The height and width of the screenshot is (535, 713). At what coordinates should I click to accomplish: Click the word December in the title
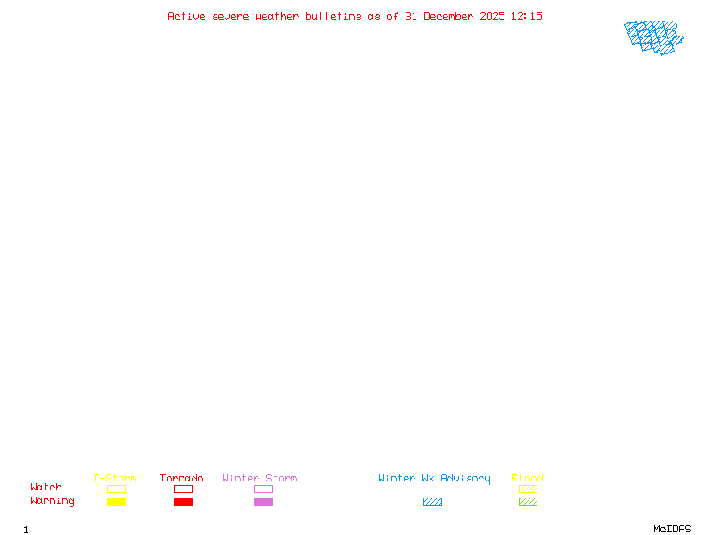(452, 16)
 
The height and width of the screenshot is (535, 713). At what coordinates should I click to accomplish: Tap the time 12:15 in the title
(527, 16)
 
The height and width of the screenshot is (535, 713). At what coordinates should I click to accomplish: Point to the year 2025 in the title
(494, 16)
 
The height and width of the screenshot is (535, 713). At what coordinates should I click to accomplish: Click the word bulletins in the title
(333, 16)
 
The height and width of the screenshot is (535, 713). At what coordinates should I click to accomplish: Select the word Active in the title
(187, 16)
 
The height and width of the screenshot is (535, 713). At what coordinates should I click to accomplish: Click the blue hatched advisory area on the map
(652, 37)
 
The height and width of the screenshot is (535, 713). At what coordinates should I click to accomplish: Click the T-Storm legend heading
(115, 479)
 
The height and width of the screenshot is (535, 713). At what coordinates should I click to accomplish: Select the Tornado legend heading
(182, 479)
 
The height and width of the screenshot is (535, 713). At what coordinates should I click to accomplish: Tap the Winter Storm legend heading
(259, 479)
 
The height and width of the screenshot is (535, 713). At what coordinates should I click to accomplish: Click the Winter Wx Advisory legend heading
(434, 479)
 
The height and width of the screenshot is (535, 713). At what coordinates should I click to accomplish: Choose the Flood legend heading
(528, 479)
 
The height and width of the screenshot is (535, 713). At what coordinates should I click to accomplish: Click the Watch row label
(46, 488)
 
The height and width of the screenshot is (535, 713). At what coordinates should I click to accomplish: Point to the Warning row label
(53, 501)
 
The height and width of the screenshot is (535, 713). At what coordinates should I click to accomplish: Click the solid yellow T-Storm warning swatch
(116, 502)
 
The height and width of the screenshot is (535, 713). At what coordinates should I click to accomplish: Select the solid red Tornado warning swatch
(183, 502)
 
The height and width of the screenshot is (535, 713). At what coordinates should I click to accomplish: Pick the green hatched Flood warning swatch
(528, 502)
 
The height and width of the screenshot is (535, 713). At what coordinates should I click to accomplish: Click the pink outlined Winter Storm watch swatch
(263, 490)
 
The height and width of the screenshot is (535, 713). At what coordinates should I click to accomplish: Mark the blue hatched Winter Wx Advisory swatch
(432, 502)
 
